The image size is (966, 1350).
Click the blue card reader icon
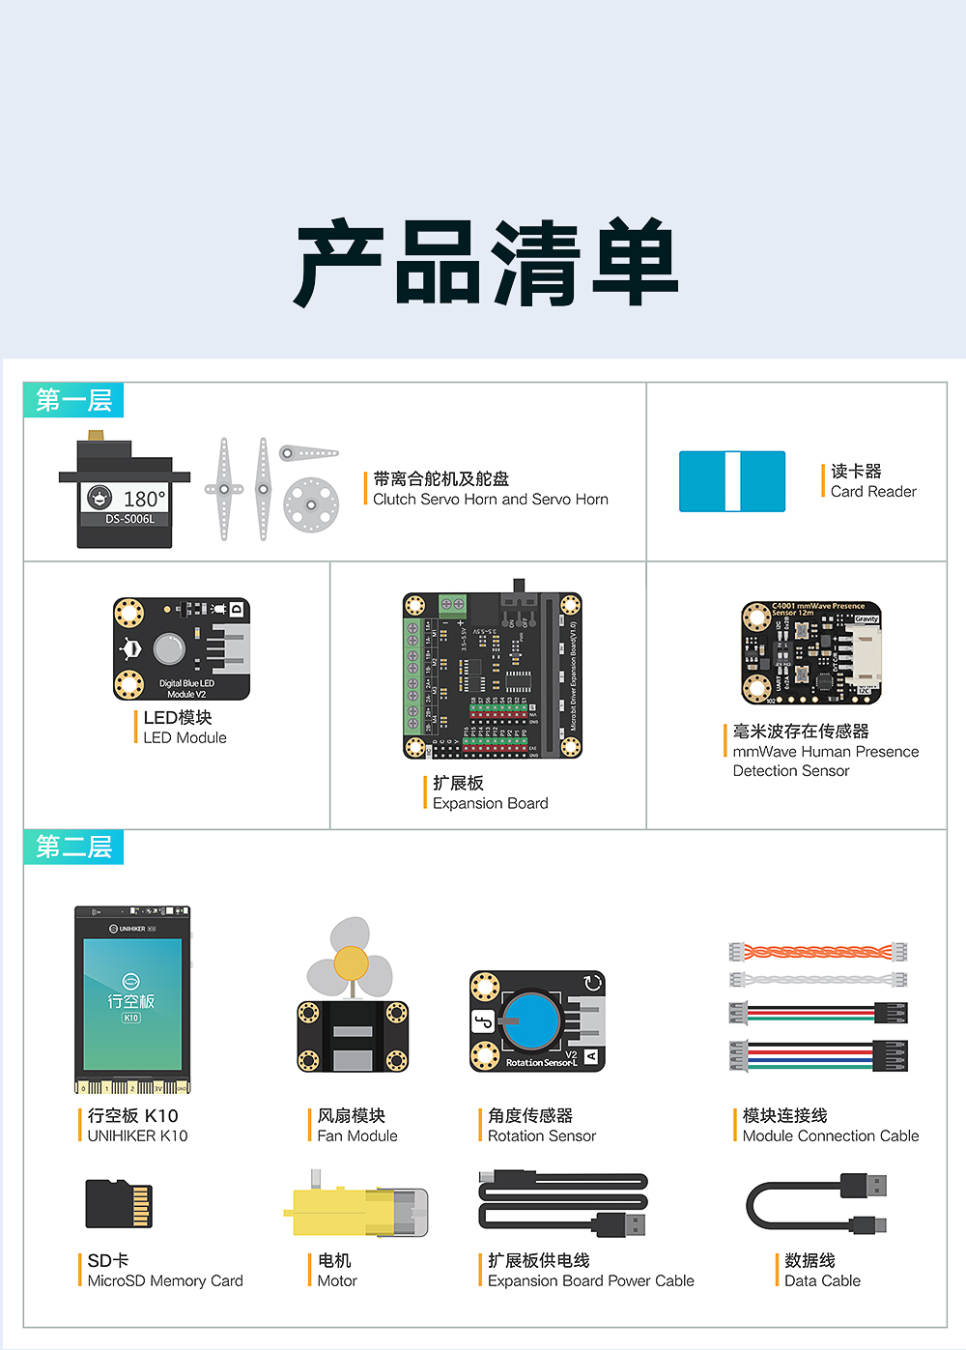tap(731, 481)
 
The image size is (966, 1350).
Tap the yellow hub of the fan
tap(351, 963)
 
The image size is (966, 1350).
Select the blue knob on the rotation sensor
tap(531, 1020)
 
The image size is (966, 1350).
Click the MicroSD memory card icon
tap(119, 1203)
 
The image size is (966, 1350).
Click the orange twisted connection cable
tap(817, 952)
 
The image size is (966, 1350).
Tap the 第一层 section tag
tap(73, 400)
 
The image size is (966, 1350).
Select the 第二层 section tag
tap(73, 847)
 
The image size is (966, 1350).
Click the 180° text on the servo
tap(145, 499)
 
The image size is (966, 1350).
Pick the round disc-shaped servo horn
tap(311, 504)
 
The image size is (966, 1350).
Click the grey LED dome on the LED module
tap(169, 648)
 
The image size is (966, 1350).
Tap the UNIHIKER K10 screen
tap(132, 1003)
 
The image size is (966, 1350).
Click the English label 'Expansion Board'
tap(490, 803)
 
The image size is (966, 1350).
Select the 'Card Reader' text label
tap(873, 491)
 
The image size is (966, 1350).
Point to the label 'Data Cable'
tap(822, 1280)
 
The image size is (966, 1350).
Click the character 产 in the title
tap(339, 264)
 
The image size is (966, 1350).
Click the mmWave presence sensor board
tap(811, 653)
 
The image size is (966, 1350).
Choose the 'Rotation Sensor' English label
tap(541, 1135)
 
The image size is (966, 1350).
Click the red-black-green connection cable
tap(817, 1013)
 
